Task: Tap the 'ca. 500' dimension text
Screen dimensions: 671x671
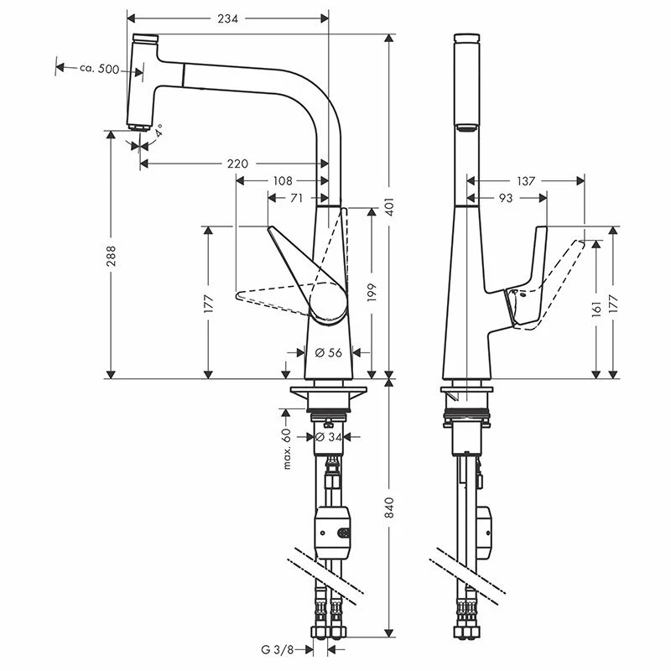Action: [100, 69]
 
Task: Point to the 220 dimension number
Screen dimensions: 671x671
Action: [237, 164]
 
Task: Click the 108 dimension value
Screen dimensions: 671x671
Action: [283, 180]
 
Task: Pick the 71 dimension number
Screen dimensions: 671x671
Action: [296, 198]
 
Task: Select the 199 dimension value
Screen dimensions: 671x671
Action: [372, 291]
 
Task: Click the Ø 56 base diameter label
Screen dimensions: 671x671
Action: [329, 353]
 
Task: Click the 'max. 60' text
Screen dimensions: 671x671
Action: [286, 449]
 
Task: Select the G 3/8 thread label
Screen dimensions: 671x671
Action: [278, 649]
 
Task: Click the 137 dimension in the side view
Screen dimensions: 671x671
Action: [526, 180]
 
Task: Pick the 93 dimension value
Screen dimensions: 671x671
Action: [506, 198]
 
